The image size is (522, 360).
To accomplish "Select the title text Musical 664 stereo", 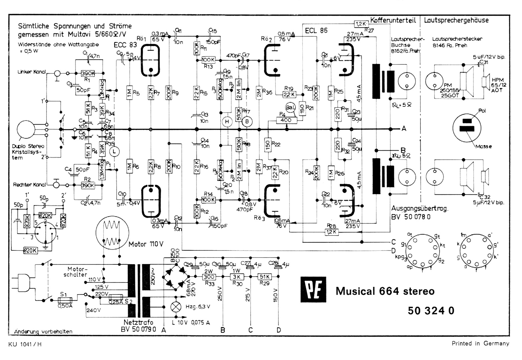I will tap(385, 291).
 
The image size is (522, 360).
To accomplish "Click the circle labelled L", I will tap(114, 152).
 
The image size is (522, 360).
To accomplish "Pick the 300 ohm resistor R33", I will tap(209, 277).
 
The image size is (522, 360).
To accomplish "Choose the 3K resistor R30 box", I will tap(237, 277).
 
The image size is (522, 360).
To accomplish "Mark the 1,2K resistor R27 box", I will tap(361, 24).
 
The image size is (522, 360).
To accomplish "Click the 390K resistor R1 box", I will tap(88, 73).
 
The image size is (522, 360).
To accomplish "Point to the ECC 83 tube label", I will tap(125, 45).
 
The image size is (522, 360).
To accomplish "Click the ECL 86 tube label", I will tap(316, 31).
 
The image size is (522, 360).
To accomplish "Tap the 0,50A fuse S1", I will tap(65, 299).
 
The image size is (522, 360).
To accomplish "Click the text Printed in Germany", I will tap(480, 343).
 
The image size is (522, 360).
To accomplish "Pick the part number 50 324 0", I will tap(431, 311).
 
